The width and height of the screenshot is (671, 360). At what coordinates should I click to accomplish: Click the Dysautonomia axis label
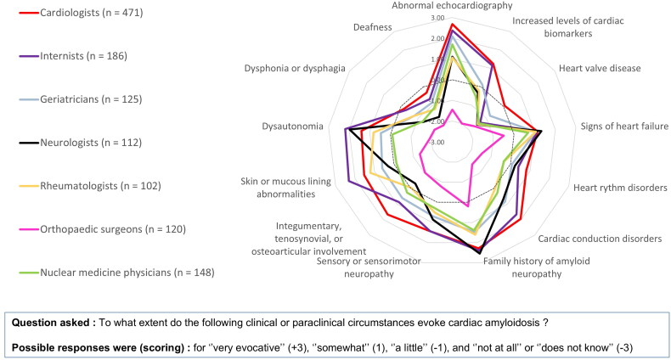pyautogui.click(x=293, y=127)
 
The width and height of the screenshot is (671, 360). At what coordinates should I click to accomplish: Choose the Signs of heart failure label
pyautogui.click(x=624, y=127)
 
